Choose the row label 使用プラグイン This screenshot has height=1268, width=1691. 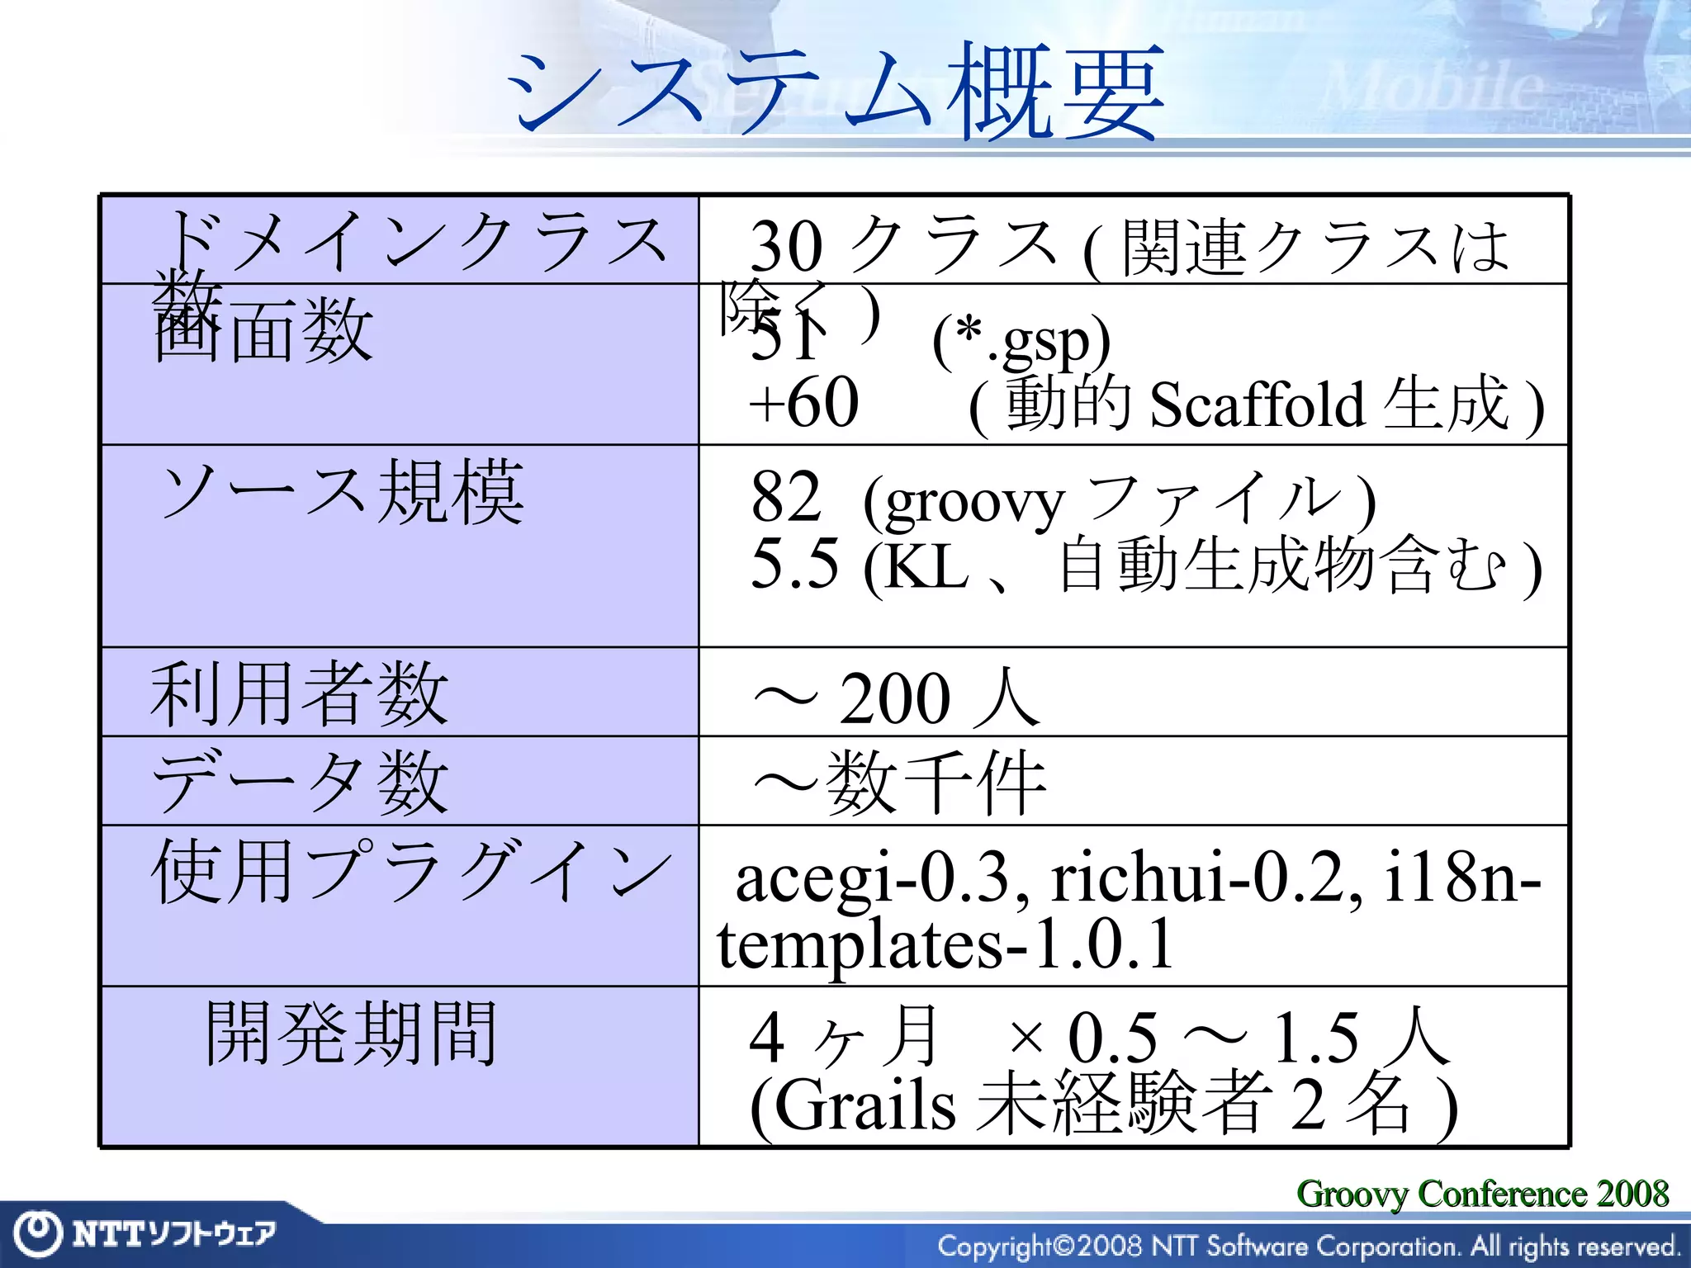(410, 871)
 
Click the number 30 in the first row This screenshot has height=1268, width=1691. (786, 246)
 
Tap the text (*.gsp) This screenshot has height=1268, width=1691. (1021, 341)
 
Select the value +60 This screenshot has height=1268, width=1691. (803, 403)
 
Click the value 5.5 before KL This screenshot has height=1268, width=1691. (794, 564)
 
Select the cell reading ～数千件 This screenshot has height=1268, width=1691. (900, 783)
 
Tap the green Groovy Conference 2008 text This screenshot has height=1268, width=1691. (1482, 1193)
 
